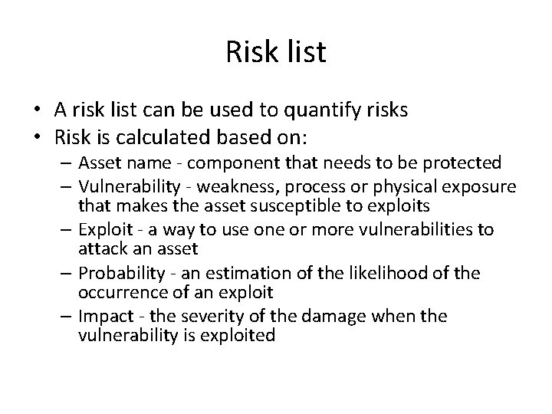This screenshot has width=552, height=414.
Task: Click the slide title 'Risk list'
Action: (x=276, y=53)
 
